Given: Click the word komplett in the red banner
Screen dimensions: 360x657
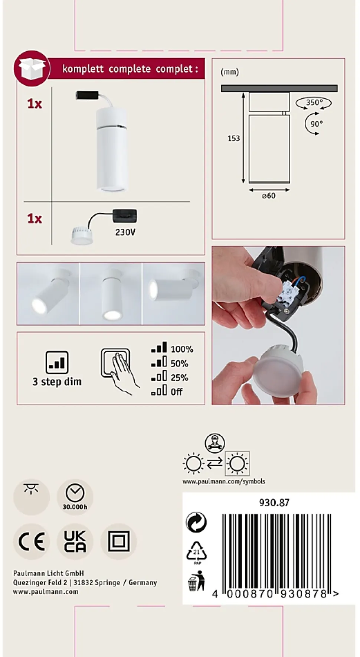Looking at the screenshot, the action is point(83,69).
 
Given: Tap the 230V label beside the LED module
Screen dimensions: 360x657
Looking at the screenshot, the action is point(125,232).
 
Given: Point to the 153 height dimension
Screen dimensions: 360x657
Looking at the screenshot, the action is point(233,138).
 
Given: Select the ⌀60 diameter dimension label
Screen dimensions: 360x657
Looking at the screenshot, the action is point(269,196).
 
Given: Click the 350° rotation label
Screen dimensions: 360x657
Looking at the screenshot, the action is point(314,103).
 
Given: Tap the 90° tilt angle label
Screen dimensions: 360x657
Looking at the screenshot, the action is point(317,124).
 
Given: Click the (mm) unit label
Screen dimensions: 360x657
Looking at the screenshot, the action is point(230,72).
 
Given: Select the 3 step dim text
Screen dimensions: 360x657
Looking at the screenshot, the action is point(57,381).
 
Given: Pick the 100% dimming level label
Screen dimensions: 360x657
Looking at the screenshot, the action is point(182,349).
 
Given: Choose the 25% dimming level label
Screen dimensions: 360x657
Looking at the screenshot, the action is point(179,378).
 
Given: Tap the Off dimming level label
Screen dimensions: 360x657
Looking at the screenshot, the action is point(177,392).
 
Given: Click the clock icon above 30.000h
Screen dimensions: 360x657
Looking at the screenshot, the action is point(75,492).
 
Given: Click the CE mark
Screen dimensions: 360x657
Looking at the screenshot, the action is point(32,541).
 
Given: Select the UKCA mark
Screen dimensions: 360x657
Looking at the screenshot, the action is point(75,541).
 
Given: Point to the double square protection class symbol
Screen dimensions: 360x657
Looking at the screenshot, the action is point(119,541).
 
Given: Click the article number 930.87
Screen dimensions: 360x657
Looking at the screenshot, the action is point(274,502).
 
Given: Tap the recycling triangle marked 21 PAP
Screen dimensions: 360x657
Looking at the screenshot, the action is point(197,553).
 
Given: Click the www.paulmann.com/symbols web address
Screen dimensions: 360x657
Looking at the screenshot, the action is point(224,481).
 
